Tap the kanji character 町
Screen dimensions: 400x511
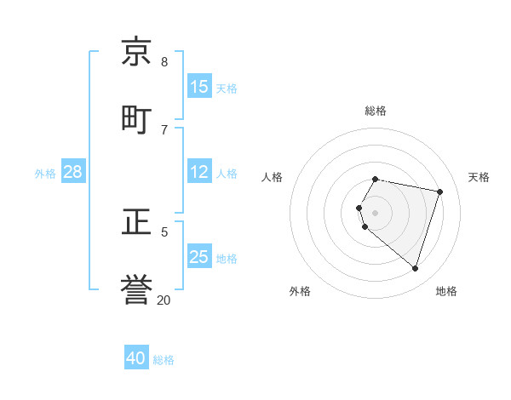137,119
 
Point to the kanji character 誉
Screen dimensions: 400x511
137,289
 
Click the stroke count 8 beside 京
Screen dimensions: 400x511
164,61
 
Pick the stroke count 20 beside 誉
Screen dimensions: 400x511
164,300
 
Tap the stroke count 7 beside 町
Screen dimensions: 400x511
164,129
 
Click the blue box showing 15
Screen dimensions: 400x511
198,87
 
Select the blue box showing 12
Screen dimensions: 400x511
198,172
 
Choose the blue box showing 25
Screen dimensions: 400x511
198,257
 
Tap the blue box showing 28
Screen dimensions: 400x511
72,172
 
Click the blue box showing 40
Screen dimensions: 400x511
135,358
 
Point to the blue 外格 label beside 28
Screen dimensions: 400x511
45,174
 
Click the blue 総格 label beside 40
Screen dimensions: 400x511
164,360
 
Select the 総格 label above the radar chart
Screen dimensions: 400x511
376,111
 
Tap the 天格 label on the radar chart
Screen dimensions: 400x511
479,177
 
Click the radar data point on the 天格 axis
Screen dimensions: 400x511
439,191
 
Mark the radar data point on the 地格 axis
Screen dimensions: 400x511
415,268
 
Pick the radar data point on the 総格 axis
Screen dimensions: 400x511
376,179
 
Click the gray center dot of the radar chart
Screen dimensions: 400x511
376,213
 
